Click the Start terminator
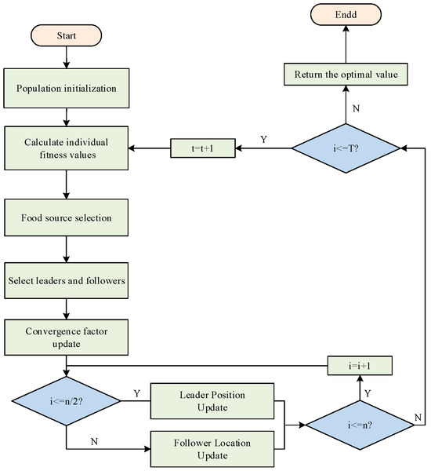click(x=66, y=36)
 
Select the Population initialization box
click(x=66, y=89)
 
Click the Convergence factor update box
click(x=66, y=338)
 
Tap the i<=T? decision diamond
click(x=346, y=147)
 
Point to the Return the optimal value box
click(x=345, y=75)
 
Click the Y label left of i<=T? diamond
click(x=263, y=140)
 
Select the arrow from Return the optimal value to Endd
click(x=345, y=46)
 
